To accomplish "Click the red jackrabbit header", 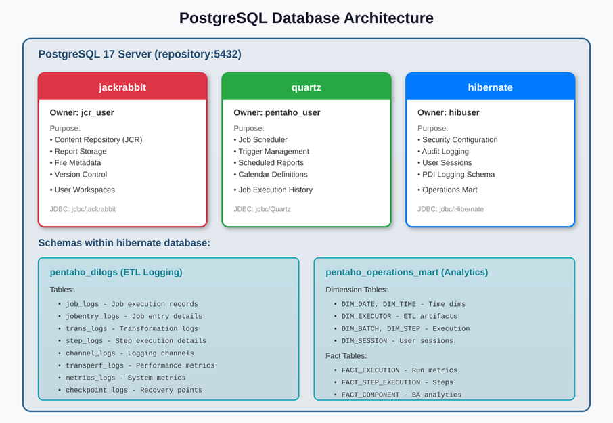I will (122, 87).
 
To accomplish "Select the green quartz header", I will (306, 87).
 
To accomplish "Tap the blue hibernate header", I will (491, 87).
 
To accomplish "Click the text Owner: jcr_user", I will (81, 112).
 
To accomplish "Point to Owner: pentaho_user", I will (277, 112).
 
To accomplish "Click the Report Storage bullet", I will (81, 152).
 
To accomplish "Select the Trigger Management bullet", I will (273, 152).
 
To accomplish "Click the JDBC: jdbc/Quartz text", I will (262, 209).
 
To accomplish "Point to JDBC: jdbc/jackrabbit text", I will (83, 209).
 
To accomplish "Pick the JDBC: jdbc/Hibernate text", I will (451, 209).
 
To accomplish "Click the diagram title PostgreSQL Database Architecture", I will (306, 18).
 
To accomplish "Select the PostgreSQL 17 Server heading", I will (139, 54).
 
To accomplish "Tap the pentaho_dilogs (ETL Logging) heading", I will (116, 272).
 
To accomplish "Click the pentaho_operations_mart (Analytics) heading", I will (407, 272).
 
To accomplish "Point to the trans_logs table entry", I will (131, 328).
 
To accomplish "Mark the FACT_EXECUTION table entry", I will (399, 370).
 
